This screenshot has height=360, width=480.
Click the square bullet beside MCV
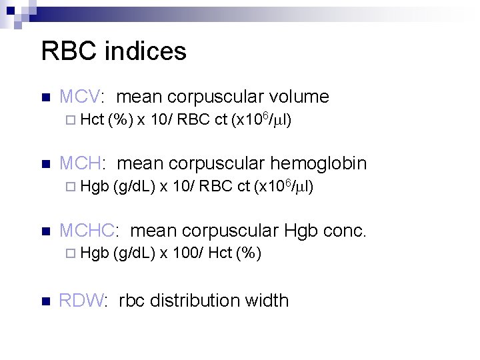click(45, 98)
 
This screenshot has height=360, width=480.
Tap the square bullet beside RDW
click(45, 301)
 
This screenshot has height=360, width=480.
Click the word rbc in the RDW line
click(132, 301)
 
